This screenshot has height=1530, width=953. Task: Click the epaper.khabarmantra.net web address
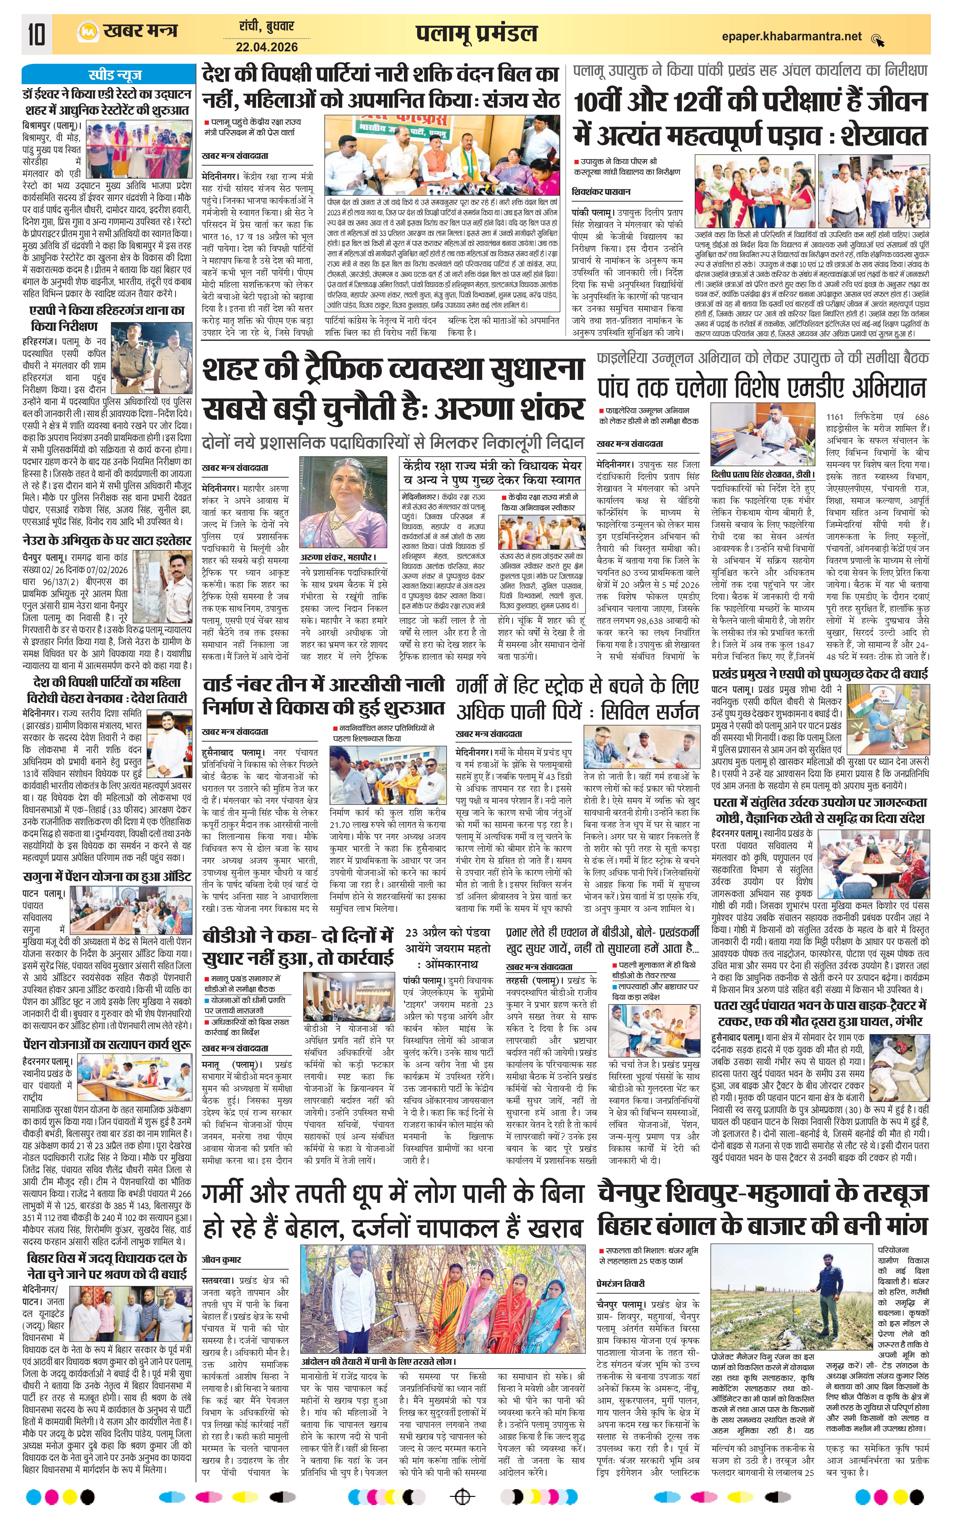tap(792, 36)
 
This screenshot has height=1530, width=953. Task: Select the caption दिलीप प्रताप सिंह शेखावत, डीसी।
tap(761, 474)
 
